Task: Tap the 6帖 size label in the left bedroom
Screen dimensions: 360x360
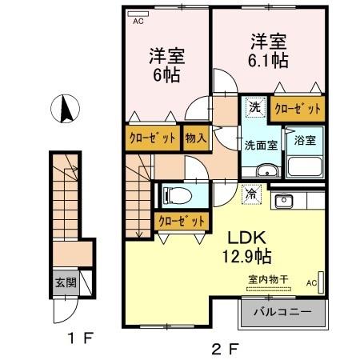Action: [x=166, y=75]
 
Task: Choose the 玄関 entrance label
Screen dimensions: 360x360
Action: [x=65, y=282]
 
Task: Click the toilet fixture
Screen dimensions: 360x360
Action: [x=178, y=195]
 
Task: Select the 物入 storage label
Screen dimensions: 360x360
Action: [x=196, y=138]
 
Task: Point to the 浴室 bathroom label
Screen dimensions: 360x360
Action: [x=305, y=140]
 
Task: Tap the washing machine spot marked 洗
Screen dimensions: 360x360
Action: [x=253, y=107]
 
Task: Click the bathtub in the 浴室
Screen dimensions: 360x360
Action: [x=305, y=167]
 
